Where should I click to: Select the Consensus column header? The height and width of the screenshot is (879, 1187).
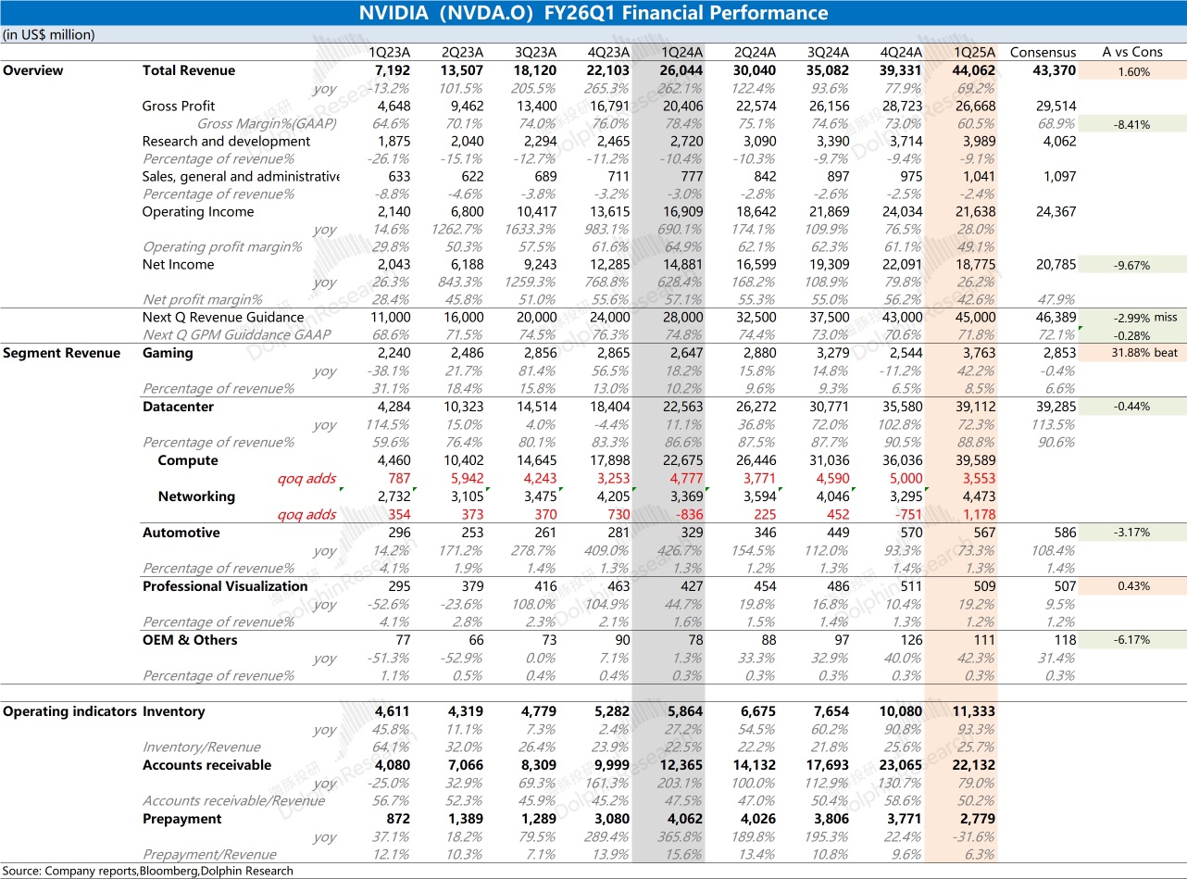click(1043, 53)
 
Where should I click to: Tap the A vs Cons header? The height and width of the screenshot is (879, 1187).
click(1132, 52)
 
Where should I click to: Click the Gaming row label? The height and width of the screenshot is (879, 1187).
click(168, 353)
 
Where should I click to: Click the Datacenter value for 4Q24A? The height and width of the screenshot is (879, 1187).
click(903, 407)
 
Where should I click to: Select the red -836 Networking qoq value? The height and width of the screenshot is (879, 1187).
click(689, 514)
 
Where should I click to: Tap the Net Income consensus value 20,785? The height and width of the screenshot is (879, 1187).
click(1056, 265)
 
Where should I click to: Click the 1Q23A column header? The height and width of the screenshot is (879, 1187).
click(390, 53)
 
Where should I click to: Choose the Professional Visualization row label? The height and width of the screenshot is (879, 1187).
click(225, 586)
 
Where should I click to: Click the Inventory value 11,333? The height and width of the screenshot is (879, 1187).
click(973, 711)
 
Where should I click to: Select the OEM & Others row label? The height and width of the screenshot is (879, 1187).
click(190, 640)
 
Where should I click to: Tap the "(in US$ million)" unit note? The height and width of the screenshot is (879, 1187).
click(49, 35)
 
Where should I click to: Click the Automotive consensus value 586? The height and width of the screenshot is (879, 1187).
click(1065, 533)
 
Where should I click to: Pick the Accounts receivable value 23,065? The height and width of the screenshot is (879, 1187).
click(901, 765)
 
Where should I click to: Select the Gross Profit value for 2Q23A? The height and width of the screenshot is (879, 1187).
click(467, 106)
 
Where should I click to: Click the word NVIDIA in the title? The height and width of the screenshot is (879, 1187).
click(394, 13)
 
